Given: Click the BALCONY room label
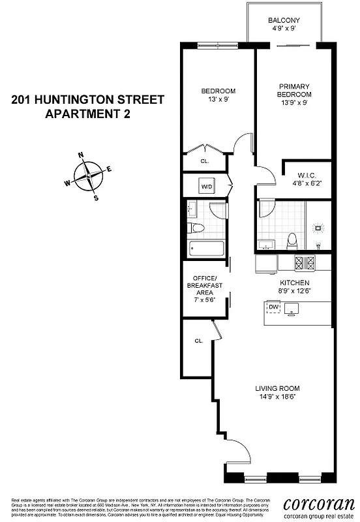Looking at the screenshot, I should coord(284,20).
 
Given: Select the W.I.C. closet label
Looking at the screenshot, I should coord(307,175).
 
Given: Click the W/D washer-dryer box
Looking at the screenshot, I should coord(206,186).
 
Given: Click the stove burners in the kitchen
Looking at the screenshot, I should coord(305,264).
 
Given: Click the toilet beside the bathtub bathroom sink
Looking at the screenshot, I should coord(196,228).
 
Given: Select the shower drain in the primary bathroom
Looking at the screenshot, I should coord(319,228).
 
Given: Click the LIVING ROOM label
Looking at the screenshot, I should coord(277,389).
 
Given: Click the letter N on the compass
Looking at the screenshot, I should coord(80,155).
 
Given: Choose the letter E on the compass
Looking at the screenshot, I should coord(109,170).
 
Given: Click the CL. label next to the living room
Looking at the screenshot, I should coord(198,341).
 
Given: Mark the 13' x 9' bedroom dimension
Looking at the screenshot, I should coord(218,100).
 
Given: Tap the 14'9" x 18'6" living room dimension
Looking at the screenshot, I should coord(277,398).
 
